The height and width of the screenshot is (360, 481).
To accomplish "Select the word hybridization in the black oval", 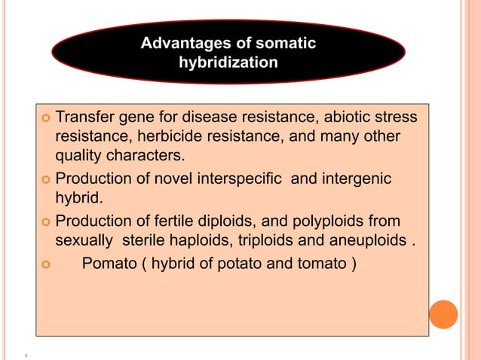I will pyautogui.click(x=228, y=63).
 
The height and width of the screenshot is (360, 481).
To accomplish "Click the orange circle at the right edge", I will pyautogui.click(x=443, y=314).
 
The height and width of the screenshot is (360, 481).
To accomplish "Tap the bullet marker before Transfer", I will pyautogui.click(x=46, y=119).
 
